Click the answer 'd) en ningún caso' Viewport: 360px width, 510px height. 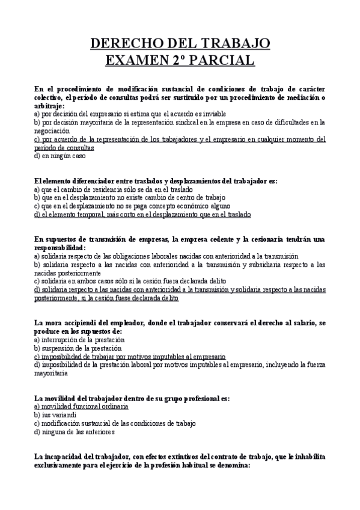(x=60, y=156)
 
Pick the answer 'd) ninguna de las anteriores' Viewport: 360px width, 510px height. (x=75, y=432)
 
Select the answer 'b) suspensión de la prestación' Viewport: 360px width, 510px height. (x=78, y=348)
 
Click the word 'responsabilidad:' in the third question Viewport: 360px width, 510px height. (x=60, y=247)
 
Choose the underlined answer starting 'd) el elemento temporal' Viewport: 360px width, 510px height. (x=142, y=214)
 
